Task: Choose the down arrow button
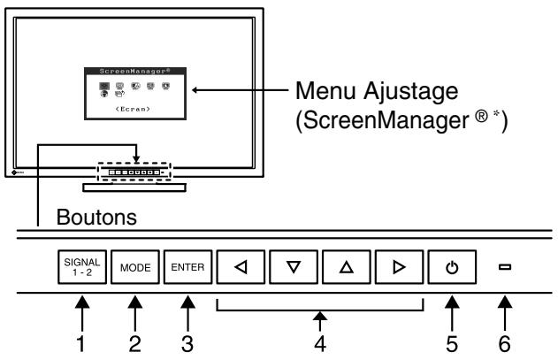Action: click(x=292, y=266)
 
